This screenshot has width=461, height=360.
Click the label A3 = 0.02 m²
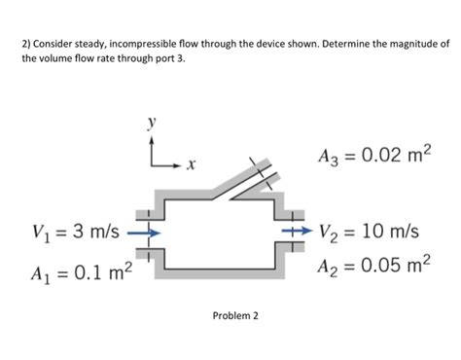[x=373, y=158]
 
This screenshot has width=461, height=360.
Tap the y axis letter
[x=151, y=125]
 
